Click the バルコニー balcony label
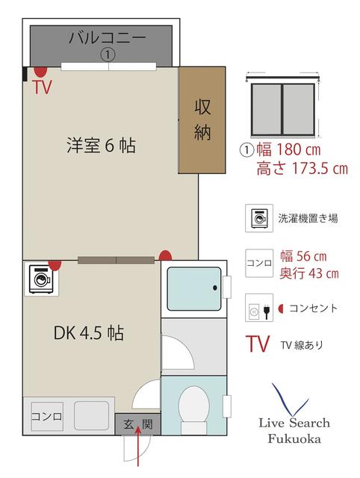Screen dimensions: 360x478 click(x=108, y=38)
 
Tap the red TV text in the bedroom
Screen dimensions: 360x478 click(x=43, y=87)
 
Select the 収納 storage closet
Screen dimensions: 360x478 click(x=202, y=119)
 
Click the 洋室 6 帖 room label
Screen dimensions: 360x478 click(x=101, y=145)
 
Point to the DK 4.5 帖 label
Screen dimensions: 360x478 click(x=89, y=332)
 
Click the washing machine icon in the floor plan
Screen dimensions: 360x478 click(x=42, y=279)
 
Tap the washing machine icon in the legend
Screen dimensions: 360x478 click(x=259, y=218)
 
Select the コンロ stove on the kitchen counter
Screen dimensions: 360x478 click(x=47, y=416)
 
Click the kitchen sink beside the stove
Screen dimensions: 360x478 click(x=91, y=415)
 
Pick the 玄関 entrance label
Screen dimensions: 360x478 click(x=137, y=424)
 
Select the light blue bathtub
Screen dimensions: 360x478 click(x=194, y=289)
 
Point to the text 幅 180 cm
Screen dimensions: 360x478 click(x=288, y=149)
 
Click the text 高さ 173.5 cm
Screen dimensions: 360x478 click(x=302, y=168)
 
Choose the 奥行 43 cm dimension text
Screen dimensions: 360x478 click(x=309, y=273)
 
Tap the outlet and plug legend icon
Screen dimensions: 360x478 click(x=259, y=308)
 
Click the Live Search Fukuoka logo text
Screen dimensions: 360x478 click(x=294, y=430)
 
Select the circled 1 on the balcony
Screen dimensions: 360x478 click(x=108, y=55)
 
